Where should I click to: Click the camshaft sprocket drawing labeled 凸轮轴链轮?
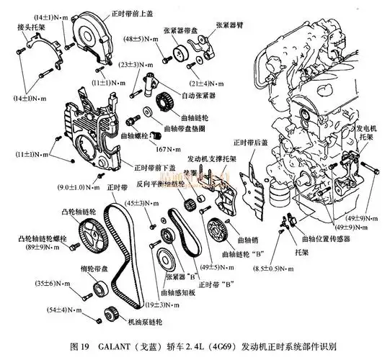pyautogui.click(x=89, y=234)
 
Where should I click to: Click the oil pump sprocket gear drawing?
pyautogui.click(x=111, y=314)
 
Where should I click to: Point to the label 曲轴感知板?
pyautogui.click(x=179, y=293)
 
